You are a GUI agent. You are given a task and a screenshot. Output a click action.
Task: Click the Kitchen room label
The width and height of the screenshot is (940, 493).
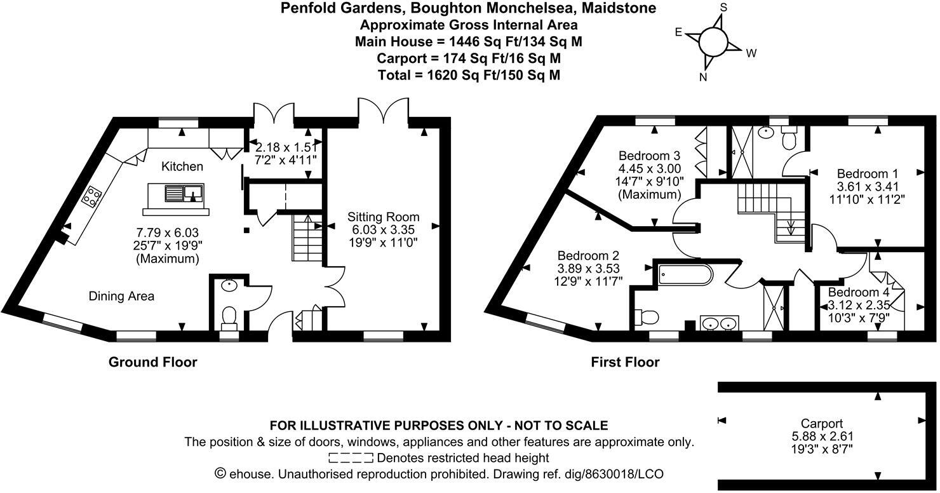[182, 166]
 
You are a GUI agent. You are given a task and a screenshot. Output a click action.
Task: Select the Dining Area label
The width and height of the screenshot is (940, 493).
[121, 296]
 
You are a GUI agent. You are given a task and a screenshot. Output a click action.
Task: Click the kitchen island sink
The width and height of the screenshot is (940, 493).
[184, 192]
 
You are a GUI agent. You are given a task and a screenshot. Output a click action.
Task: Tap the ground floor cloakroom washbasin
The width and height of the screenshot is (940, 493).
[228, 286]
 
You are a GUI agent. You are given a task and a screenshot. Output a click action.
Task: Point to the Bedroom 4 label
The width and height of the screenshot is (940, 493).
[859, 293]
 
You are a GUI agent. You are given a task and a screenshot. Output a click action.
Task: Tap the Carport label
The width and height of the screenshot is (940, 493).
[821, 424]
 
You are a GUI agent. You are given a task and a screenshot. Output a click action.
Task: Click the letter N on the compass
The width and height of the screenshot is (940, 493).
[703, 78]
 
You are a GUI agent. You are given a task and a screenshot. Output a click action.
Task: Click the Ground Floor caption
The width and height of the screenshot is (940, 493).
[153, 362]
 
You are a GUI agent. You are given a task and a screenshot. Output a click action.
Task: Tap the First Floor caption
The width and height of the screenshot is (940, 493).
[625, 362]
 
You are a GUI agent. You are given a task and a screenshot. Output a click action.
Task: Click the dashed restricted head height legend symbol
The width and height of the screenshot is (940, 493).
[351, 458]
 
